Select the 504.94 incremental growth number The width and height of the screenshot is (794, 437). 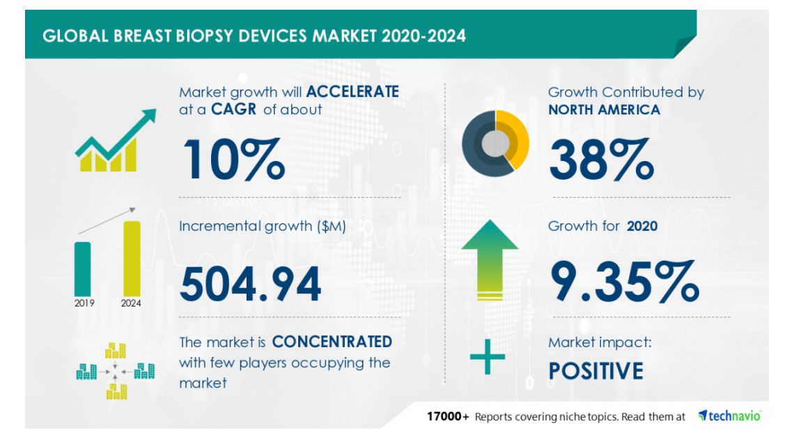coord(251,282)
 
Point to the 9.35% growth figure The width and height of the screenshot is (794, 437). coord(623,279)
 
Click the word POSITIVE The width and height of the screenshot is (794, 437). coord(595,371)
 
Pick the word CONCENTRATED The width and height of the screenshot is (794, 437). coord(332,342)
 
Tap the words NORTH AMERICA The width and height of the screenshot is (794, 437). coord(604,109)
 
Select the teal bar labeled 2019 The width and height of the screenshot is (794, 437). coord(83,268)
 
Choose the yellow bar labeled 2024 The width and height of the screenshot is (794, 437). coord(132,257)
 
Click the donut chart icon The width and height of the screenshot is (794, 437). coord(495,143)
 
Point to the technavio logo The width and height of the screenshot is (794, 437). coord(729,416)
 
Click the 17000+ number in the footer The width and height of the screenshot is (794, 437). coord(448,416)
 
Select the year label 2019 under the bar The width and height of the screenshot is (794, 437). coord(84,303)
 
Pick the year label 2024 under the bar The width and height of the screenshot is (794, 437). coord(131,303)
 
